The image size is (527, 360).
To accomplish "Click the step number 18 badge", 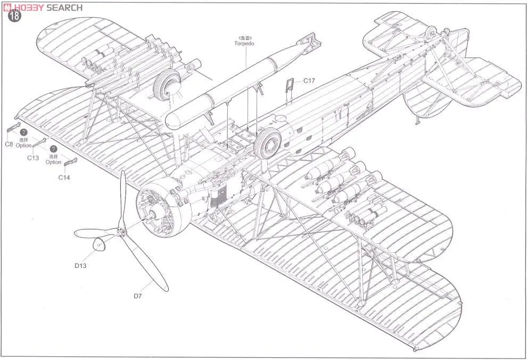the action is [14, 16].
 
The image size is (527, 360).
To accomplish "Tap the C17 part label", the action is [310, 81].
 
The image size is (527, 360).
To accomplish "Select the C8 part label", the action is [9, 144].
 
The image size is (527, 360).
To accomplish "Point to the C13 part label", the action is [32, 158].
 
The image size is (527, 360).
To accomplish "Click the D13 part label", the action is [81, 265].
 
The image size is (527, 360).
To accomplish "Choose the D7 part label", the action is [138, 296].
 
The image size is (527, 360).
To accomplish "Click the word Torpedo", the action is [244, 44].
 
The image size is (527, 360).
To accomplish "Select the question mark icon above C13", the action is [23, 132].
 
